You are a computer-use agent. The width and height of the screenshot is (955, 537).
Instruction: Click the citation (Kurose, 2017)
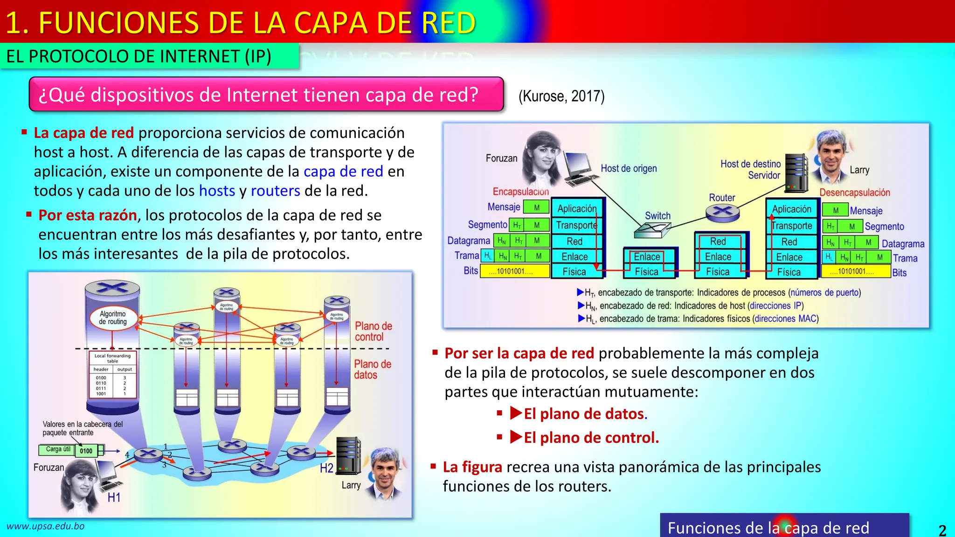(561, 96)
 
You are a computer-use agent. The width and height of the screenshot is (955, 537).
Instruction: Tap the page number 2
(942, 530)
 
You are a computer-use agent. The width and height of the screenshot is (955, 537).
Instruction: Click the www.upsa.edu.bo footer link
(46, 526)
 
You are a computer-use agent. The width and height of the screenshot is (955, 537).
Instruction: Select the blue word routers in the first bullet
(275, 191)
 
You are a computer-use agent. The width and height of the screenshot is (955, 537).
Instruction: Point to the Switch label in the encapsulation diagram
(657, 216)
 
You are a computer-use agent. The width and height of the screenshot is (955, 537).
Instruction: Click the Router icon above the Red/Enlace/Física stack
(722, 212)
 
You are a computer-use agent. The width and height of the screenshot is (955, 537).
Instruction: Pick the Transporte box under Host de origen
(576, 226)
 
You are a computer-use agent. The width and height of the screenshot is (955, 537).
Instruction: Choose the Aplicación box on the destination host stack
(791, 209)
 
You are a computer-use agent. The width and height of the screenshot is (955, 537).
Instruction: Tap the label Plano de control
(373, 331)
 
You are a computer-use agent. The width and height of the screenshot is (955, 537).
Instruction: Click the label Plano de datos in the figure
(372, 369)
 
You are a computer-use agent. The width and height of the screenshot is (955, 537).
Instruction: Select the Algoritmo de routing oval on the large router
(113, 318)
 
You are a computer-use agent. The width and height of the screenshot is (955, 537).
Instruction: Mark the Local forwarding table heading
(112, 358)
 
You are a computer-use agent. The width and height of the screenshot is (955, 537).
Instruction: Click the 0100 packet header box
(86, 451)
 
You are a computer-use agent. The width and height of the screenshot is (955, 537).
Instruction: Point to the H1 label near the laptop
(114, 497)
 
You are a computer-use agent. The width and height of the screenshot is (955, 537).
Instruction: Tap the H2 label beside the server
(326, 468)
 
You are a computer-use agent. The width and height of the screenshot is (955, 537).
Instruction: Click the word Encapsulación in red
(520, 192)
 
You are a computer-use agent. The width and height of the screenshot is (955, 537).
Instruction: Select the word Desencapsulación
(854, 193)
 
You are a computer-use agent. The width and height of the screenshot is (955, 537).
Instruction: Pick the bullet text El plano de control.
(591, 438)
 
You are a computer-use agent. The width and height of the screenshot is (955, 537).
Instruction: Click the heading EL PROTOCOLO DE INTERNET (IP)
(138, 56)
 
